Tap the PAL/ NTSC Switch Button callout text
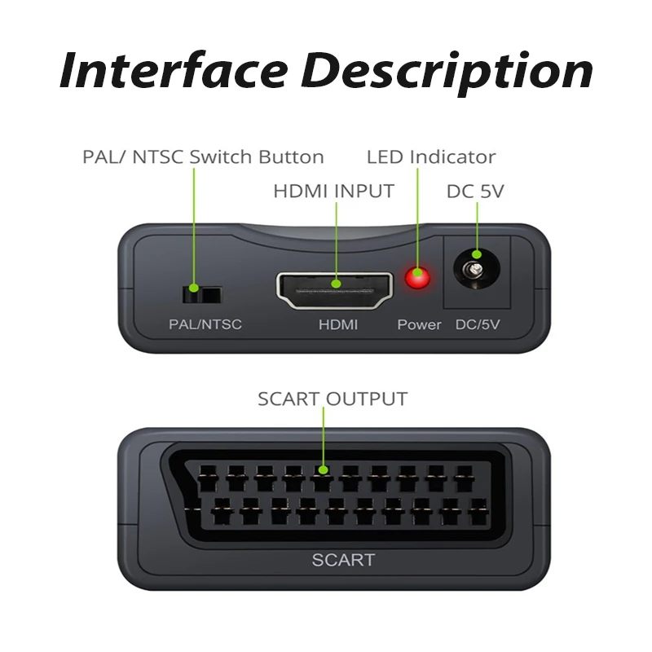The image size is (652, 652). (203, 156)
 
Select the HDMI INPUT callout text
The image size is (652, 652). (333, 192)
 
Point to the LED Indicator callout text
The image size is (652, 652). (430, 156)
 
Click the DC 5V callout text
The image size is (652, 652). (475, 192)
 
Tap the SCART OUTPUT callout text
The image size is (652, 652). (333, 399)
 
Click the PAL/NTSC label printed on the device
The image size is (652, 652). (205, 324)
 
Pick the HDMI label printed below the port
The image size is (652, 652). (337, 324)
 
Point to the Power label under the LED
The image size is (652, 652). (419, 324)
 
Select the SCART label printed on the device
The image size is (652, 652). (343, 560)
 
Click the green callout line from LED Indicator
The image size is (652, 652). (417, 220)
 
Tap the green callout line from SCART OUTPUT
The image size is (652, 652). (324, 440)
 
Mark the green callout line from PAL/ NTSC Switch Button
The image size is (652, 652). (193, 228)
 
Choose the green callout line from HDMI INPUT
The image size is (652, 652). (336, 244)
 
